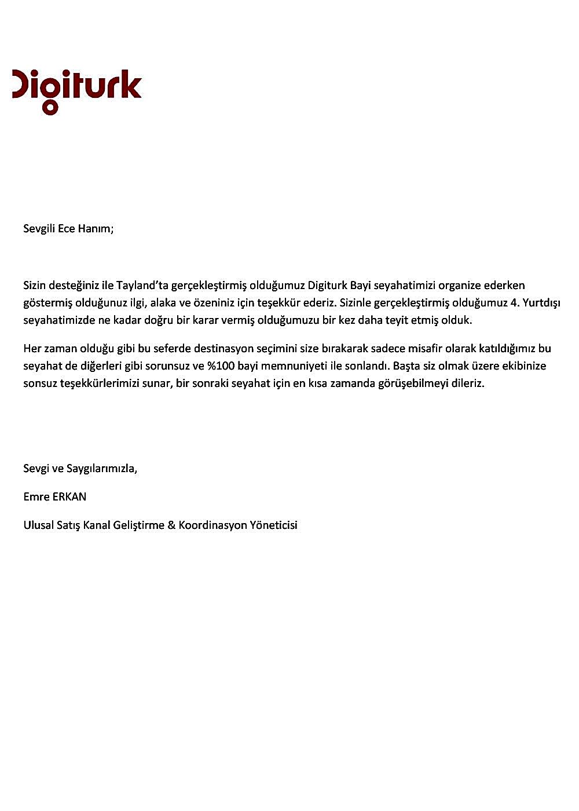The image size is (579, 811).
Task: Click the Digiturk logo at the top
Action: point(77,90)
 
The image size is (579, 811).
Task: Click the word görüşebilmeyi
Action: point(399,383)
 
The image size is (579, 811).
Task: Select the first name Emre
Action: point(36,497)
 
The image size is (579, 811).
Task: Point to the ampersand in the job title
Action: point(171,525)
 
